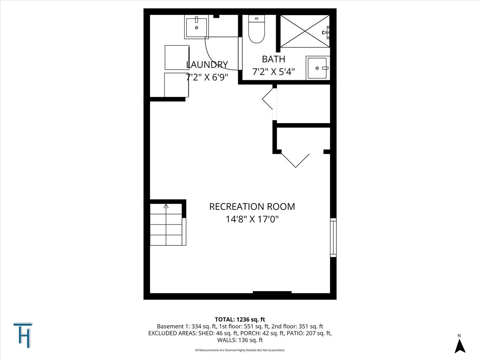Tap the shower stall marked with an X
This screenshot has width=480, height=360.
click(305, 31)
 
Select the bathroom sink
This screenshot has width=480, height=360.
click(317, 68)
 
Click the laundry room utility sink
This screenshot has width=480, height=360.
click(196, 27)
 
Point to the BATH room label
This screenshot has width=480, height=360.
click(273, 59)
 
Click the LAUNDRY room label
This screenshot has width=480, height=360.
click(207, 65)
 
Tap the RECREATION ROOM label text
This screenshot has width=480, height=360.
click(252, 207)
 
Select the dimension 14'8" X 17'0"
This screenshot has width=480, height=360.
click(252, 219)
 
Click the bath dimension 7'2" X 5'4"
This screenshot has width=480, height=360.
click(273, 72)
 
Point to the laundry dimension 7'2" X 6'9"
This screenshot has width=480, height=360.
click(207, 77)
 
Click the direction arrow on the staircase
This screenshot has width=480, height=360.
click(166, 206)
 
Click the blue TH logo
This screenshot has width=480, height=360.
click(23, 335)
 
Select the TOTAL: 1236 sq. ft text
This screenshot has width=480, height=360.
click(240, 319)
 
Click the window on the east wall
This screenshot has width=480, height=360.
click(333, 237)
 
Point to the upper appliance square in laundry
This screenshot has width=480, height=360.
click(177, 57)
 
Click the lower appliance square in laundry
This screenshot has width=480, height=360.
click(176, 85)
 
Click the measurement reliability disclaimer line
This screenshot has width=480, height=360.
click(240, 350)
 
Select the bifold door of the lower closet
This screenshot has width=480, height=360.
click(295, 160)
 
